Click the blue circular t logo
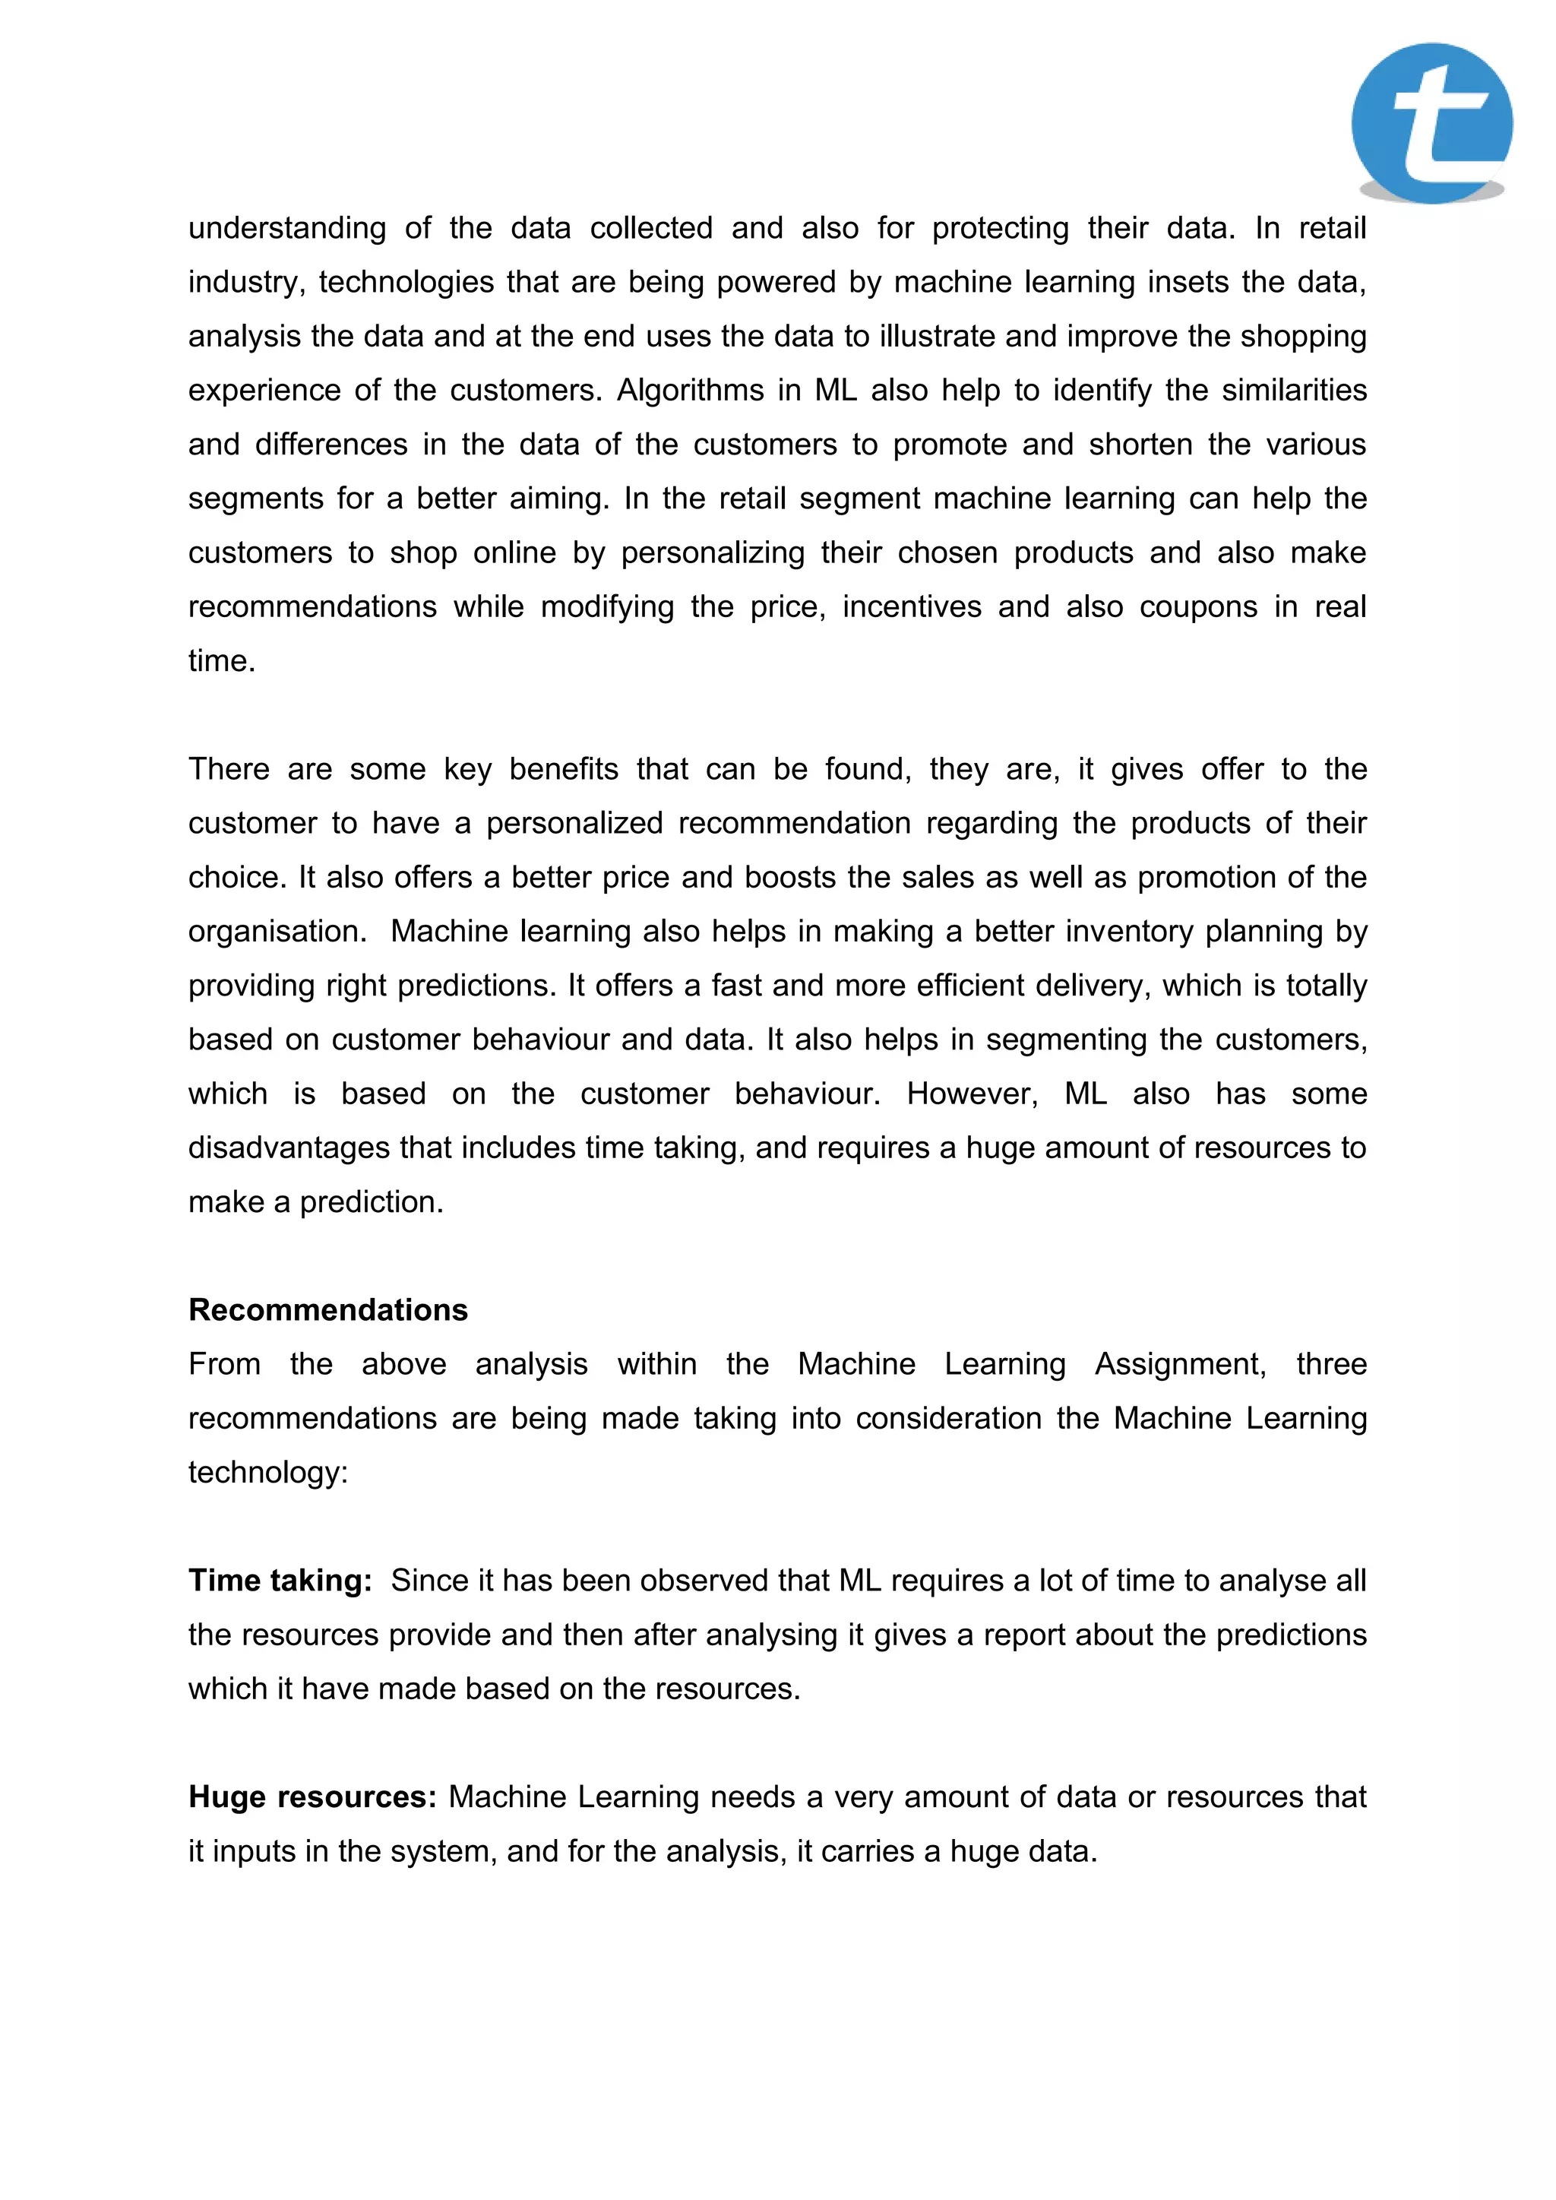(x=1431, y=122)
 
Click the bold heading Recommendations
(x=327, y=1310)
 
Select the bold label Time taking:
(x=280, y=1580)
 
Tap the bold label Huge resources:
(x=312, y=1796)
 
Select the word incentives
(x=911, y=606)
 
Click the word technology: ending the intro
(x=267, y=1473)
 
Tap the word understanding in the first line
(x=286, y=228)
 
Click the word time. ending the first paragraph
(x=221, y=661)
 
